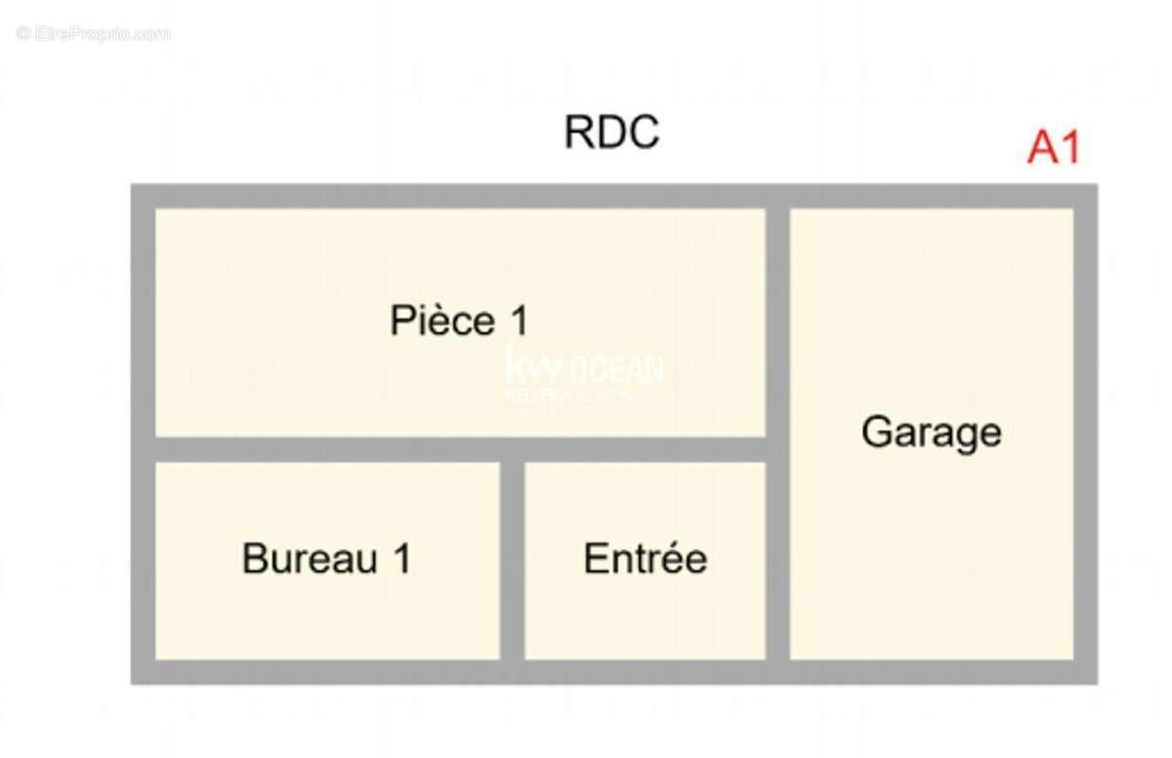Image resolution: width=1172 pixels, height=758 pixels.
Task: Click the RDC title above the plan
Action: click(x=612, y=133)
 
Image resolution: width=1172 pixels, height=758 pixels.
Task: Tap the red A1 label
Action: click(x=1054, y=148)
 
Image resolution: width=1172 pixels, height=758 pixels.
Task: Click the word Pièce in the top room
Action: click(x=440, y=320)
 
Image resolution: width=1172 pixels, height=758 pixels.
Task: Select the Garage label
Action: click(x=931, y=432)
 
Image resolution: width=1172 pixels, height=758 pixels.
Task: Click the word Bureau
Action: click(x=310, y=559)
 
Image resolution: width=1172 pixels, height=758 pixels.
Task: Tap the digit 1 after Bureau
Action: click(x=400, y=559)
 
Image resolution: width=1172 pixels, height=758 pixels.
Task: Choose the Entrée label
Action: click(x=645, y=559)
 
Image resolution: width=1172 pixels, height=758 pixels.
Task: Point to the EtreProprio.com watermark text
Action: click(x=93, y=34)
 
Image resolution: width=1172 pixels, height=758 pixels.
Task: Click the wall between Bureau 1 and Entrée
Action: click(x=512, y=560)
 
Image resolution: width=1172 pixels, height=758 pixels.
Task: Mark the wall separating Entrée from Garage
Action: click(x=777, y=560)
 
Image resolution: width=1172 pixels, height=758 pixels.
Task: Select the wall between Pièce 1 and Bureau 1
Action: click(x=327, y=449)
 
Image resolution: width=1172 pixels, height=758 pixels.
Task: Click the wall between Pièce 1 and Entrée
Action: click(x=645, y=449)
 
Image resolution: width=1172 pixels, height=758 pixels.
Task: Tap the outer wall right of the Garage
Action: click(x=1085, y=432)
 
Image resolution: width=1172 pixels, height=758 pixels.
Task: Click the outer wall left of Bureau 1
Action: click(x=144, y=560)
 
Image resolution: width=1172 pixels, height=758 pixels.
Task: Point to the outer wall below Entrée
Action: click(x=645, y=671)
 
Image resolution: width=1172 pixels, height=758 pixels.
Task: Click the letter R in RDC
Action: click(x=578, y=133)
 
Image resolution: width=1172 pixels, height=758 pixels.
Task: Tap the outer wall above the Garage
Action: click(x=931, y=195)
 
